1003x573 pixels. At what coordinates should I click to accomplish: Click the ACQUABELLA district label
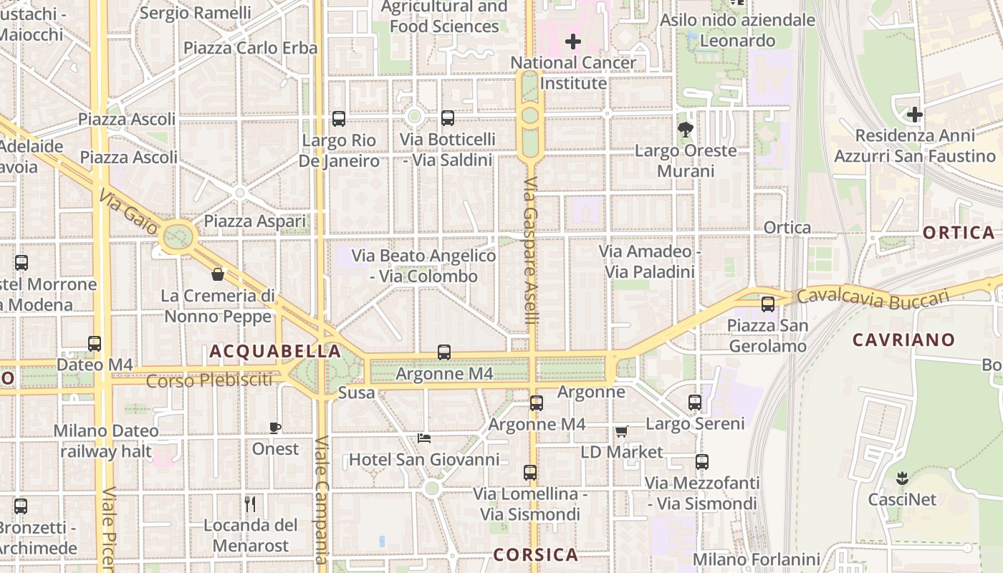[275, 352]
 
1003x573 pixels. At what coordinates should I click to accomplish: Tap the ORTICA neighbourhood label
[959, 233]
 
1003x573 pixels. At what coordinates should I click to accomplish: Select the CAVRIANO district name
[903, 340]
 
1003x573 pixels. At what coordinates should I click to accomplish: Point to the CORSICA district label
[536, 554]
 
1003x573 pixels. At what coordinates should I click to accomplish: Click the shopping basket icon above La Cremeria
[218, 274]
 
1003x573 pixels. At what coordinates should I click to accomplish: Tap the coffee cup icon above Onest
[274, 428]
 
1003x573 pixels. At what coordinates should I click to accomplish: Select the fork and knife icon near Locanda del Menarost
[250, 504]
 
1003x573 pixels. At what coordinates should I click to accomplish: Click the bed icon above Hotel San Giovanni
[424, 438]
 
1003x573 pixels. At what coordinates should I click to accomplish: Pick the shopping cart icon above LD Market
[621, 432]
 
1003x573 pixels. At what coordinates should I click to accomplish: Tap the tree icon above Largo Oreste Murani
[686, 130]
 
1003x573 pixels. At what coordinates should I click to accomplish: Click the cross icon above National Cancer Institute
[573, 42]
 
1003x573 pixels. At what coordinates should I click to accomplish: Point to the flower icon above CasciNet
[903, 478]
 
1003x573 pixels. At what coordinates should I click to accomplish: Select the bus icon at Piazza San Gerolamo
[768, 304]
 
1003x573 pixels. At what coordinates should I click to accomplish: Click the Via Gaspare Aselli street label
[530, 251]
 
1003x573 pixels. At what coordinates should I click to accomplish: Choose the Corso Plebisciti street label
[210, 380]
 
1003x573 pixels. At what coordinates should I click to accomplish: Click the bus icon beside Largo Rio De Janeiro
[339, 119]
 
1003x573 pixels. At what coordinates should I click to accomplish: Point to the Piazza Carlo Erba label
[250, 48]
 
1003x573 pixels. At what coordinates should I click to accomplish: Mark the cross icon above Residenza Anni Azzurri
[915, 115]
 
